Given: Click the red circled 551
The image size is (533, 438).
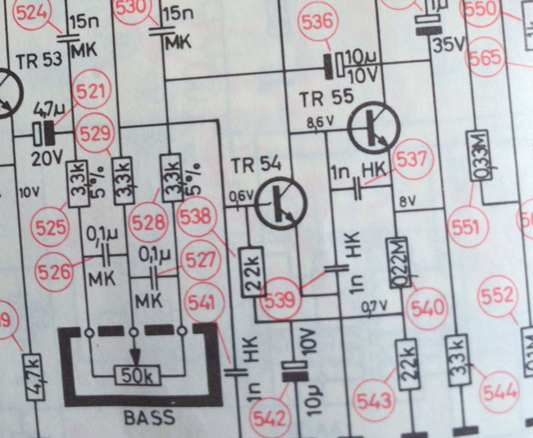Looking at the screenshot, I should tap(464, 228).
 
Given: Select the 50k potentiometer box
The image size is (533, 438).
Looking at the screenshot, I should tap(136, 376).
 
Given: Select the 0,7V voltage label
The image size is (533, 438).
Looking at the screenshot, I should tap(375, 307).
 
